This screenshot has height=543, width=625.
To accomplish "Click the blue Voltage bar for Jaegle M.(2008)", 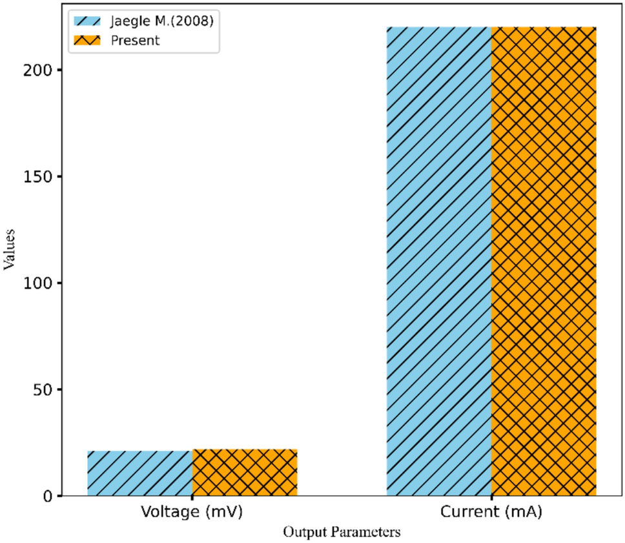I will [x=139, y=473].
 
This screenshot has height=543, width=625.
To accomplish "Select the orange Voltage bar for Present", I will [x=245, y=473].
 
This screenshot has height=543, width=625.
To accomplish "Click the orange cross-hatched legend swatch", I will [x=88, y=40].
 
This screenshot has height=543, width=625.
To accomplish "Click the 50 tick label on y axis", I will [x=45, y=390].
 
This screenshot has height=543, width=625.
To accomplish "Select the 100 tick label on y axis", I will [x=41, y=283].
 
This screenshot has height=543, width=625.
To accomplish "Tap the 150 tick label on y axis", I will [x=41, y=177].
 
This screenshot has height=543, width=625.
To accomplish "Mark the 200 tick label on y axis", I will [x=41, y=70].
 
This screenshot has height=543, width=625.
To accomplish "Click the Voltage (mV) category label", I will [x=192, y=513].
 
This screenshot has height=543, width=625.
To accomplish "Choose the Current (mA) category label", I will [x=491, y=513].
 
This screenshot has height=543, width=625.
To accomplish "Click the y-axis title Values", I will [x=9, y=252].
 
